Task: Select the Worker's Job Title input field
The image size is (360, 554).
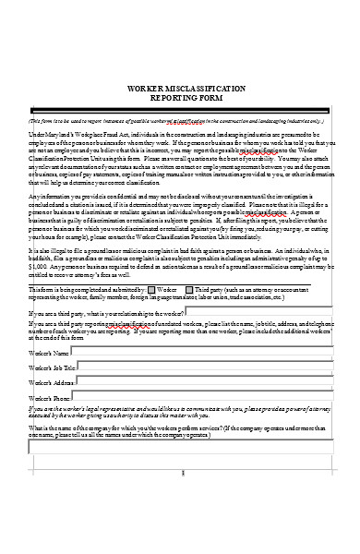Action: click(211, 368)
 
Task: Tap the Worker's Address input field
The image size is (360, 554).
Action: click(211, 382)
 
